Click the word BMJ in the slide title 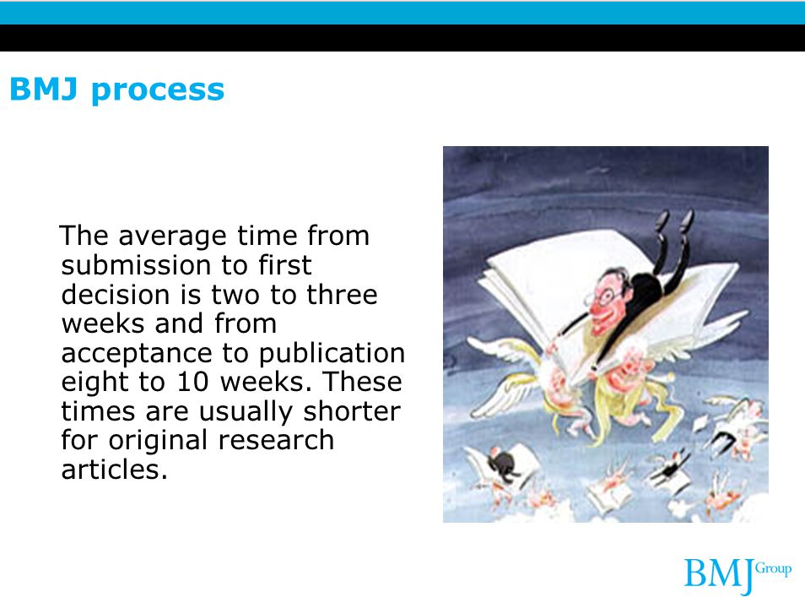point(44,89)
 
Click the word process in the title point(158,91)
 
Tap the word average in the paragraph point(172,236)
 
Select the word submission point(135,265)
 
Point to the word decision point(116,295)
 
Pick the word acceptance point(137,353)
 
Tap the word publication point(332,353)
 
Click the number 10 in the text point(192,382)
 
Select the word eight point(96,383)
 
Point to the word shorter point(352,411)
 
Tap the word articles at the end point(115,470)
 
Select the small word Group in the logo point(773,569)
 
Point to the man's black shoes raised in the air point(673,220)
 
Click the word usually point(246,412)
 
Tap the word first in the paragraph point(284,265)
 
